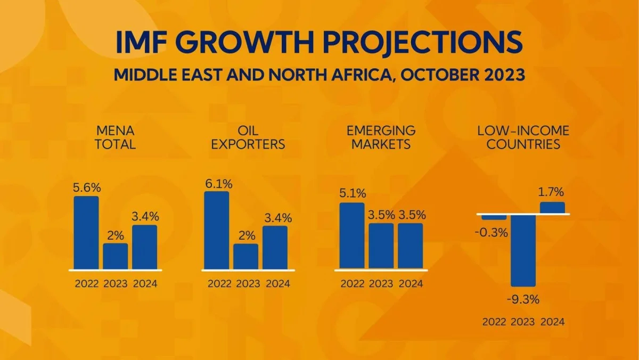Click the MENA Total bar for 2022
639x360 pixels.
(86, 233)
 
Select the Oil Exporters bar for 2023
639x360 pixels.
(245, 257)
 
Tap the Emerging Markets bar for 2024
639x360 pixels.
(411, 246)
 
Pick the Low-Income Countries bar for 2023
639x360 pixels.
(523, 250)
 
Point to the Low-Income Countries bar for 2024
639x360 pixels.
(552, 208)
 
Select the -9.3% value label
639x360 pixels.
(523, 299)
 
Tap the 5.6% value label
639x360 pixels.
(86, 188)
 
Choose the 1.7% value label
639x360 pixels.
(552, 193)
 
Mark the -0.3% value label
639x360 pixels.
(494, 233)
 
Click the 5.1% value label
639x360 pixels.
(352, 194)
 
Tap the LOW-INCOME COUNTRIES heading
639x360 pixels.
(523, 137)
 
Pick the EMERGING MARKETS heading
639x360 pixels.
(381, 137)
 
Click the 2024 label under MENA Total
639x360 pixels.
(145, 283)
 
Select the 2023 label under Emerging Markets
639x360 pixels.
(381, 283)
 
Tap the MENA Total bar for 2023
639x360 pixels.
(116, 256)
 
